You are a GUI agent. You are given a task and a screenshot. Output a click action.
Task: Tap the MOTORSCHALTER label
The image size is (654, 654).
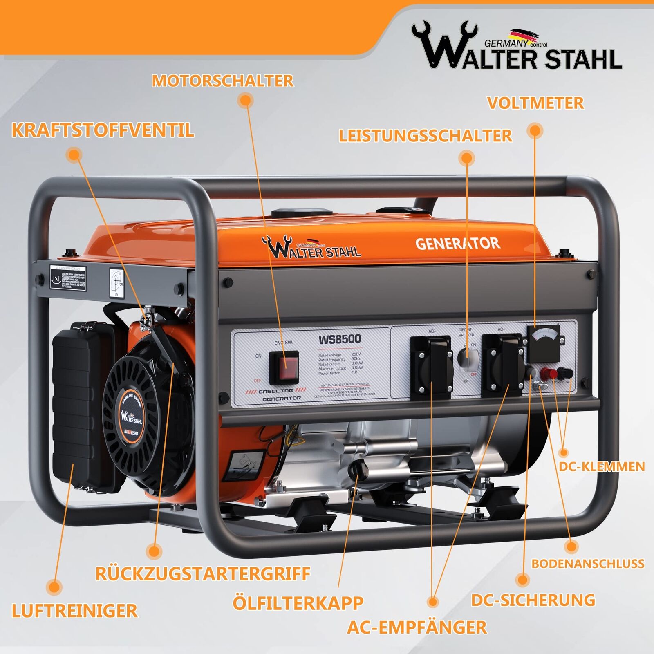pyautogui.click(x=223, y=81)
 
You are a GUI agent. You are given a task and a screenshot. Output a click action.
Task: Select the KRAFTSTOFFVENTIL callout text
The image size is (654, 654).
pyautogui.click(x=103, y=130)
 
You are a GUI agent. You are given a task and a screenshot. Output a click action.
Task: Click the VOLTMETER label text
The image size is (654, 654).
pyautogui.click(x=535, y=103)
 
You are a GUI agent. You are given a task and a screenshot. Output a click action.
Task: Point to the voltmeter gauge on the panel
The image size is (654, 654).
pyautogui.click(x=543, y=338)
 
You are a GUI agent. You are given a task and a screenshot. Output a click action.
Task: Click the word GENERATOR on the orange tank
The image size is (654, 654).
pyautogui.click(x=457, y=244)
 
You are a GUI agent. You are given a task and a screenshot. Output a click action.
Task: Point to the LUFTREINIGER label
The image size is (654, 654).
pyautogui.click(x=75, y=611)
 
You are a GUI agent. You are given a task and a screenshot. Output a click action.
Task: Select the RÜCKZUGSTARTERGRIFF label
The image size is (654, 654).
pyautogui.click(x=203, y=573)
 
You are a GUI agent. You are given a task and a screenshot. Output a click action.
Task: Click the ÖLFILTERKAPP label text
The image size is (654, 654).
pyautogui.click(x=298, y=603)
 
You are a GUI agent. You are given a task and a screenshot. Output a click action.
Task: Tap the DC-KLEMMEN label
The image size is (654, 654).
pyautogui.click(x=602, y=467)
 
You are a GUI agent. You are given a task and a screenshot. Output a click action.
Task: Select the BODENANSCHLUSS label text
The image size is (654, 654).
pyautogui.click(x=588, y=564)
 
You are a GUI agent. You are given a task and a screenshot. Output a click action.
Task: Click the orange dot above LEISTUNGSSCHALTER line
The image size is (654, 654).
pyautogui.click(x=467, y=158)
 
